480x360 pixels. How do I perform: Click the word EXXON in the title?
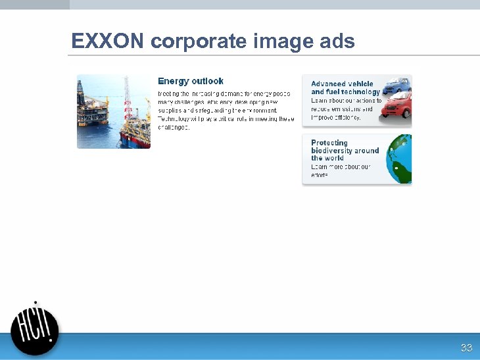(x=107, y=41)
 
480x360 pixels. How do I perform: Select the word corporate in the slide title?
(x=198, y=42)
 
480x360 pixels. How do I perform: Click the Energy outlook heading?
(x=191, y=81)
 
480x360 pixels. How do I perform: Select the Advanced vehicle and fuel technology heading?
(x=345, y=88)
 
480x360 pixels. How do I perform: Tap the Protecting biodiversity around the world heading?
(x=345, y=150)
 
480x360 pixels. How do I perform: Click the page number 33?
(x=466, y=347)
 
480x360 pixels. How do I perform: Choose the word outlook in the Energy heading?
(x=208, y=81)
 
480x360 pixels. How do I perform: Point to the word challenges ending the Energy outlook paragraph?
(x=174, y=128)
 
